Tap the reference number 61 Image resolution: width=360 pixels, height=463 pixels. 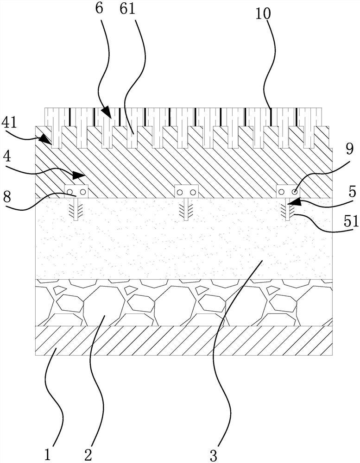pos(129,8)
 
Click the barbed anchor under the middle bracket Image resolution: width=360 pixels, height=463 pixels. pos(186,209)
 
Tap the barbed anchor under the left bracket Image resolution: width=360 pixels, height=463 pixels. pos(76,209)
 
